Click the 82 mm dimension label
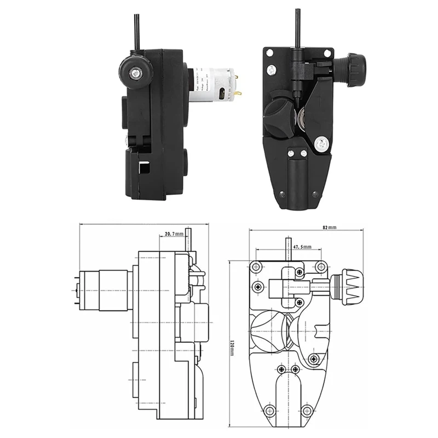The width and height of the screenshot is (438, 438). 329,227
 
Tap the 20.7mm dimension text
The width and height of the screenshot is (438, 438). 174,234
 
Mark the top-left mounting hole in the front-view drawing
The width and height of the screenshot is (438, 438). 255,267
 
